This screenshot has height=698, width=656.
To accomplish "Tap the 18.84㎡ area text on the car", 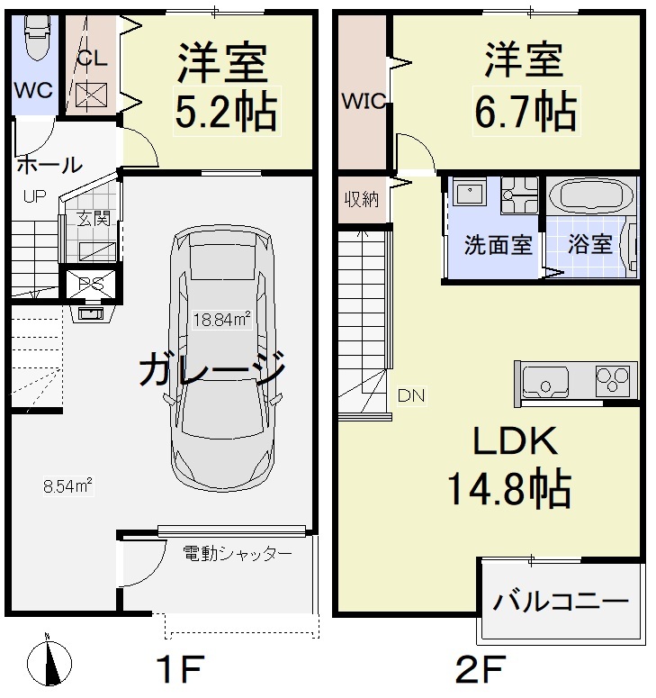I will [221, 318].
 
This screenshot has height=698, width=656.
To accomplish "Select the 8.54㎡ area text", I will [69, 486].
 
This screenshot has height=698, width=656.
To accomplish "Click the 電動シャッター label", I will [237, 552].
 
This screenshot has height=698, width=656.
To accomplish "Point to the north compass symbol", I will [50, 664].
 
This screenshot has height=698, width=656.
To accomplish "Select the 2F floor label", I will [477, 670].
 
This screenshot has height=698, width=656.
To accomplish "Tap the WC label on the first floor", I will [33, 91].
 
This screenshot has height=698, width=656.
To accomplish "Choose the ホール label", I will [49, 165].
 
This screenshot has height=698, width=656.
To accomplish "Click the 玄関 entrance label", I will [88, 217].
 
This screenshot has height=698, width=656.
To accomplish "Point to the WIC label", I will [363, 102].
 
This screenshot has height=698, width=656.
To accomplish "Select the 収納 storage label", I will [363, 199].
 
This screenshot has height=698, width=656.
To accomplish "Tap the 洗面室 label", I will [498, 244].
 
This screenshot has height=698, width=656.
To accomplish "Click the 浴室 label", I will [590, 244].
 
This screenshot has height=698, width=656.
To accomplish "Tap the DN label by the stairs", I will [412, 394].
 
